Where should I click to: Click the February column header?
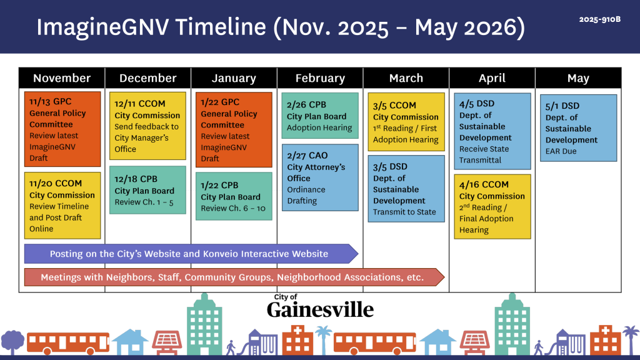click(320, 78)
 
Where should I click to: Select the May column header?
click(578, 78)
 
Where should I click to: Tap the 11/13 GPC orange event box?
click(62, 129)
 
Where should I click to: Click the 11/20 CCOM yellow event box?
click(62, 205)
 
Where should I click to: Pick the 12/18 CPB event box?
click(147, 190)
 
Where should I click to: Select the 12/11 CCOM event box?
click(147, 126)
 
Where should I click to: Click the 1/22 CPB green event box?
click(234, 196)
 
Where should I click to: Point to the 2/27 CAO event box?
click(320, 177)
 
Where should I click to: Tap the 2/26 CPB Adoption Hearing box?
click(320, 116)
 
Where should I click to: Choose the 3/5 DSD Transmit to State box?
click(406, 189)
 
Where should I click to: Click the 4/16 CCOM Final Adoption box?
click(492, 206)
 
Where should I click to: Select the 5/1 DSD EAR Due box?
click(578, 128)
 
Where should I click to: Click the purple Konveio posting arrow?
click(191, 254)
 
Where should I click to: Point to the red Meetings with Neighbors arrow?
click(234, 277)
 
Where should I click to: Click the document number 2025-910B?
click(599, 19)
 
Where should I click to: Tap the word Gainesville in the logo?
click(321, 310)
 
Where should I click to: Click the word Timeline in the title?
click(221, 27)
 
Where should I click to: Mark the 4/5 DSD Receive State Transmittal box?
click(492, 131)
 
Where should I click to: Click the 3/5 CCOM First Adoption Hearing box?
click(406, 122)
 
